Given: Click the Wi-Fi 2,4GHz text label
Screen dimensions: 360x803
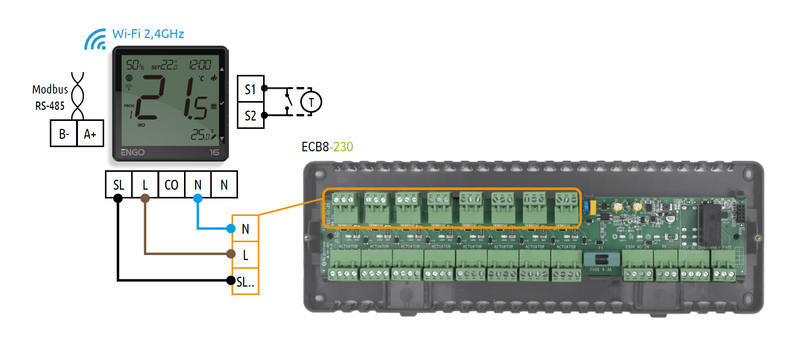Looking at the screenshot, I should coord(148,34).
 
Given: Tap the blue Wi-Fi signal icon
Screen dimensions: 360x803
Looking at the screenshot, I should coord(95,40).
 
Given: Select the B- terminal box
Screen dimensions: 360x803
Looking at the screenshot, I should coord(64,134).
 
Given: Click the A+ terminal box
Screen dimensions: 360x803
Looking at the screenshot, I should coord(90,134).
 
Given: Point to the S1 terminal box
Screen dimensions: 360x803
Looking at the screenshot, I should coord(250,89).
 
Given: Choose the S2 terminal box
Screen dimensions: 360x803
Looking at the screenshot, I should coord(250,116).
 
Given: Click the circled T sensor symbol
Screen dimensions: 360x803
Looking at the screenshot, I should coord(311,102).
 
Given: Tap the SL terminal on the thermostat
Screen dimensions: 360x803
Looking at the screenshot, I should coord(119,185).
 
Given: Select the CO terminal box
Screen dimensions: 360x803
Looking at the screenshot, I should coord(171,185).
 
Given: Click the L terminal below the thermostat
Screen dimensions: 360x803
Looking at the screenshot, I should coord(145,185).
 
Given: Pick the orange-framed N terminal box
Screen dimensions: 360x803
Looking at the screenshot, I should coord(246,228).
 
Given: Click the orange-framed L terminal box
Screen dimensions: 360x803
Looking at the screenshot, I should coord(246,255).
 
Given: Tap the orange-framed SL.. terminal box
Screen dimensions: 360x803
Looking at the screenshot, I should coord(246,282).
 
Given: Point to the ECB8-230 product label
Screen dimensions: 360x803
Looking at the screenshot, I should coord(327,147).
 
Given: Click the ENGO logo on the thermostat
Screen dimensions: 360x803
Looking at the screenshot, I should coord(133,152).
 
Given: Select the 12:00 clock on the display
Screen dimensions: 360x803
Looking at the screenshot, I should coord(200,65).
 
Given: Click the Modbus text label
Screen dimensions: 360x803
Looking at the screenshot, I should coord(50,90).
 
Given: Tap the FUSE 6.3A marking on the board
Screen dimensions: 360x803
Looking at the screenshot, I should coord(601,270).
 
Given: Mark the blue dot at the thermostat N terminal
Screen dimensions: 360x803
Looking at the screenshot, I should coord(198,198).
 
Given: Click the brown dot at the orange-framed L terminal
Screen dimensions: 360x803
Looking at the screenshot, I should coord(231,254).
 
